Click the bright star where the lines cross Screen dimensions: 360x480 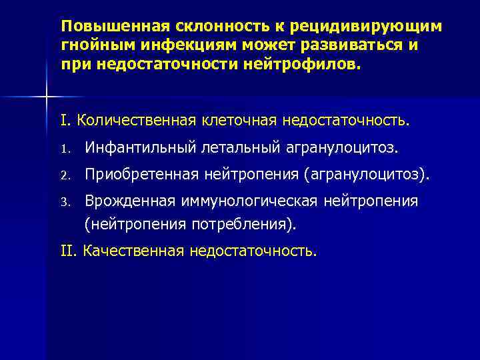[x=45, y=98]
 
